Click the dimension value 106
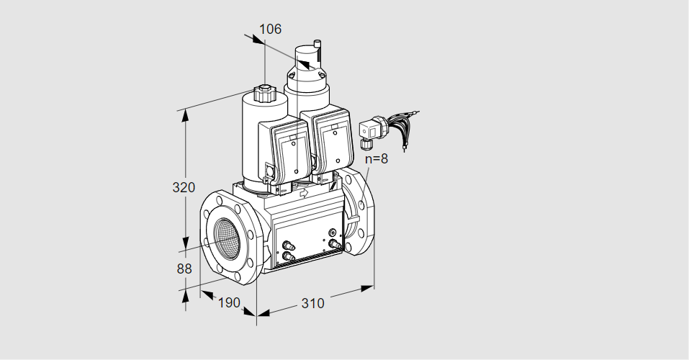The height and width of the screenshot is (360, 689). [270, 30]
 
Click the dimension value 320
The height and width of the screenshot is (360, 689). [184, 188]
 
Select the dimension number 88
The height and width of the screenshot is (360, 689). [184, 269]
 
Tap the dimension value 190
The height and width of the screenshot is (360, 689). [228, 302]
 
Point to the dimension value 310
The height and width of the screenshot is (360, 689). [312, 303]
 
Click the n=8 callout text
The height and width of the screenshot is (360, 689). [376, 159]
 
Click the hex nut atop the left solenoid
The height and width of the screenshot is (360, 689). [264, 94]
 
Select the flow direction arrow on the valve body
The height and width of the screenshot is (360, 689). [303, 193]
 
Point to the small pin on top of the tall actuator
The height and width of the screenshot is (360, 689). [318, 49]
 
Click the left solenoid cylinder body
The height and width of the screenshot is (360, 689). [252, 140]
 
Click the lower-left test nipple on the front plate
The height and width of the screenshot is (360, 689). [288, 255]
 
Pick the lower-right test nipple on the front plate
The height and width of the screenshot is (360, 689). [333, 244]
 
